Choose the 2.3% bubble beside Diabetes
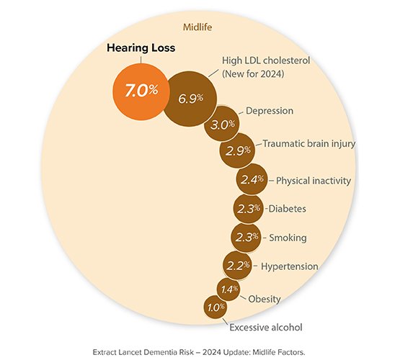pos(249,209)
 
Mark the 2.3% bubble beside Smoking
pos(247,237)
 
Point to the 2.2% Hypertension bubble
pos(239,265)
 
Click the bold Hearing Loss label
pos(141,48)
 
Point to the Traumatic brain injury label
pos(309,144)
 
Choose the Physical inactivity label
pos(314,180)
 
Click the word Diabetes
pos(287,209)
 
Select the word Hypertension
pos(289,266)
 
